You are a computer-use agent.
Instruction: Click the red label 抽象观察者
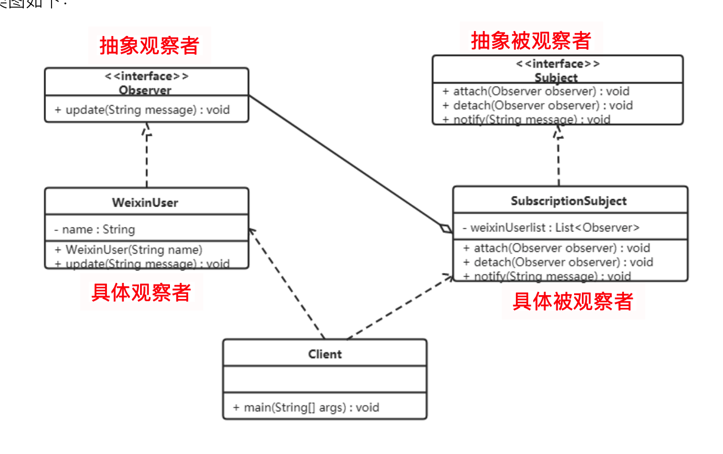click(149, 45)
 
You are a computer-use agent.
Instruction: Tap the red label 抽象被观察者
click(531, 40)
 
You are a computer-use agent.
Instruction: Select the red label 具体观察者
click(141, 292)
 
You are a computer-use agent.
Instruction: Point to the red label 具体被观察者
click(572, 301)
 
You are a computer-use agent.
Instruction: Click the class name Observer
click(145, 90)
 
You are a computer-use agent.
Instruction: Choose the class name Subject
click(556, 78)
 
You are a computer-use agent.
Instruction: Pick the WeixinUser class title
click(145, 203)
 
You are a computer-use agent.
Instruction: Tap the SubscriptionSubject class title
click(569, 200)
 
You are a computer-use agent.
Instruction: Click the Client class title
click(325, 354)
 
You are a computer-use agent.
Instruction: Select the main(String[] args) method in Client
click(306, 407)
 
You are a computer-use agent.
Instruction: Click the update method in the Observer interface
click(142, 110)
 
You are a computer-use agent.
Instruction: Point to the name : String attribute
click(95, 229)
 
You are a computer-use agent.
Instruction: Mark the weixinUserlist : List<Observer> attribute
click(551, 227)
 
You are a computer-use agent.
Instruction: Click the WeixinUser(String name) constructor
click(129, 250)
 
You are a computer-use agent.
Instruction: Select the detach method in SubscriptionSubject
click(558, 262)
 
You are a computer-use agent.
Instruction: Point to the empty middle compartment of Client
click(325, 380)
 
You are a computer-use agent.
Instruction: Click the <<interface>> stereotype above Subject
click(557, 64)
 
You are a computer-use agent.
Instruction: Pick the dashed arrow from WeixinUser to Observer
click(147, 158)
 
